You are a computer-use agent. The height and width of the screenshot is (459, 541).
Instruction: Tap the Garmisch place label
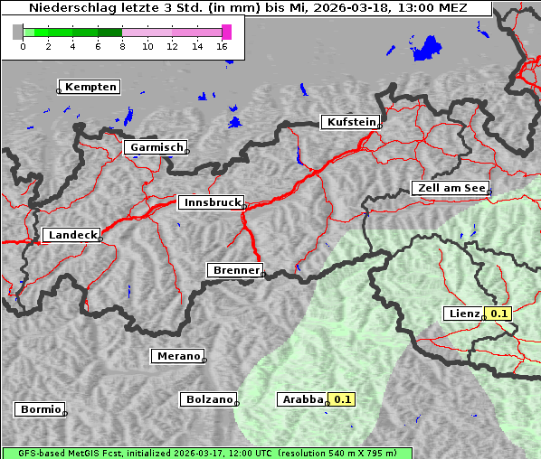tap(157, 147)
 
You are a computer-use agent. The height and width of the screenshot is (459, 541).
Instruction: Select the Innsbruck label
tap(211, 202)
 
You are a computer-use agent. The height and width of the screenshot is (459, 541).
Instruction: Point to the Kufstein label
tap(351, 122)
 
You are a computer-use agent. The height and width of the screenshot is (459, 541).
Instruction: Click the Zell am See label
tap(450, 188)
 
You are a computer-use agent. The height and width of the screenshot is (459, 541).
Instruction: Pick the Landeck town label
tap(72, 235)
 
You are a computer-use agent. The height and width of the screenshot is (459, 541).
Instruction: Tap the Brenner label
tap(235, 270)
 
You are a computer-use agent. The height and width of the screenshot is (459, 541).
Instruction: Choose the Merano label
tap(177, 356)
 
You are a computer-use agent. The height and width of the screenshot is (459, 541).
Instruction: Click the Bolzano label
tap(209, 398)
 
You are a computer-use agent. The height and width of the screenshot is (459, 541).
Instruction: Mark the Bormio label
tap(40, 409)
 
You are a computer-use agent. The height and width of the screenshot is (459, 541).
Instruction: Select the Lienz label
tap(464, 314)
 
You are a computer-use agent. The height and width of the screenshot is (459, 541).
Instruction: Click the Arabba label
tap(301, 398)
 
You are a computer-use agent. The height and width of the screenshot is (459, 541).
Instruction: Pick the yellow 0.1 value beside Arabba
tap(343, 398)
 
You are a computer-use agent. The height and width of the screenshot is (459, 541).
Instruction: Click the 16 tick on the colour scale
tap(223, 46)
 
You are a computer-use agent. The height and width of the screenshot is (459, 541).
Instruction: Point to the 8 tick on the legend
tap(122, 46)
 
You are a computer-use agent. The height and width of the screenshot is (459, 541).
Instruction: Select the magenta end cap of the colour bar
tap(226, 32)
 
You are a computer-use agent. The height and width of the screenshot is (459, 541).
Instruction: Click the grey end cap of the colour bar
tap(18, 32)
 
